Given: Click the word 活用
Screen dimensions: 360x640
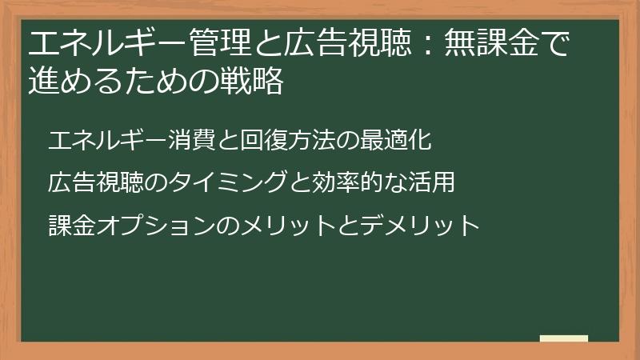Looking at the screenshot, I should click(x=432, y=182).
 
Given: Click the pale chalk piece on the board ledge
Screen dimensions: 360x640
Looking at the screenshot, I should click(x=563, y=338).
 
